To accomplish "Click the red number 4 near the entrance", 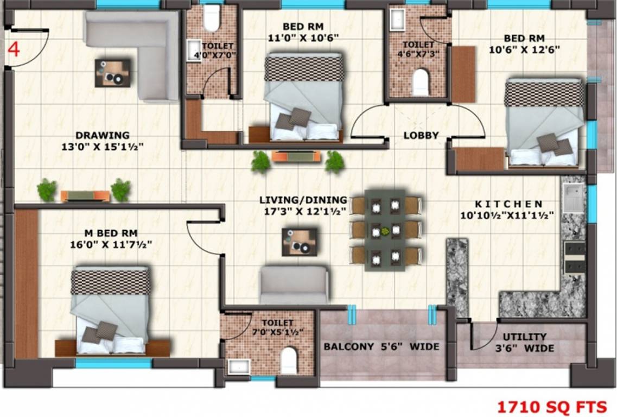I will [14, 49].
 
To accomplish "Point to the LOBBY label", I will [421, 136].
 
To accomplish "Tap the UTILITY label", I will [524, 337].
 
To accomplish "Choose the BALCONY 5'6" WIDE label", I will [381, 346].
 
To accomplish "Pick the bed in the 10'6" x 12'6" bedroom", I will [544, 122].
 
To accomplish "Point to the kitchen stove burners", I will [575, 257].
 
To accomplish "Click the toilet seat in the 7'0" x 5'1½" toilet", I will [289, 360].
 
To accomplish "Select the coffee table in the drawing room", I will [113, 73].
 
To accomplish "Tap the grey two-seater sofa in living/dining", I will [294, 285].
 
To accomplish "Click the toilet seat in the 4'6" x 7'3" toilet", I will [421, 82].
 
